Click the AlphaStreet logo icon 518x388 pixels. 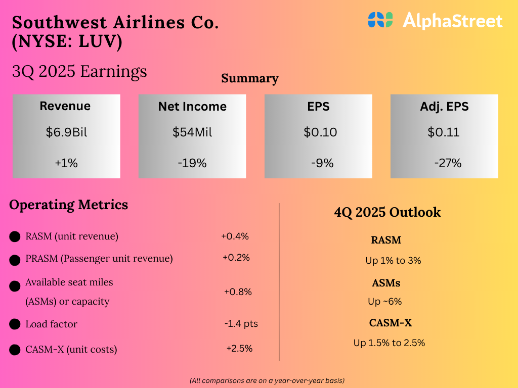(x=380, y=20)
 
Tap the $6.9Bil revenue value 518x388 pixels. (x=66, y=132)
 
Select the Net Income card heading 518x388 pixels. (x=192, y=107)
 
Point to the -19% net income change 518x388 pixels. (x=192, y=163)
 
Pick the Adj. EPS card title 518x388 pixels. (x=444, y=107)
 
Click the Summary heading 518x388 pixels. (x=250, y=79)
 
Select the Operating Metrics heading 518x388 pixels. (x=69, y=205)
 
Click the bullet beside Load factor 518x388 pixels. (x=15, y=324)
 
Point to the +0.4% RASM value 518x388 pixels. (x=235, y=236)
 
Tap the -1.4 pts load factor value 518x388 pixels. (x=241, y=323)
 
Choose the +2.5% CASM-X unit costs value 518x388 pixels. (x=239, y=348)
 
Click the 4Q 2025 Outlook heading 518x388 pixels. (x=387, y=212)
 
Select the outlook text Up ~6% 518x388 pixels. (x=384, y=302)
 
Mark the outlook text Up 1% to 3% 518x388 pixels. (x=393, y=261)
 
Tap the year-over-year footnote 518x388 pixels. (x=267, y=380)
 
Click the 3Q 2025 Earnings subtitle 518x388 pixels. (x=79, y=72)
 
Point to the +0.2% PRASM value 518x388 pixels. (x=236, y=257)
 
